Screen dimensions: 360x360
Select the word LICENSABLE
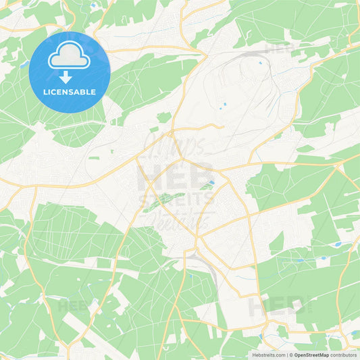pyautogui.click(x=70, y=92)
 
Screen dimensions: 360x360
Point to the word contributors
pyautogui.click(x=344, y=355)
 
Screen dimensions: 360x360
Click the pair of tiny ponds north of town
pyautogui.click(x=224, y=105)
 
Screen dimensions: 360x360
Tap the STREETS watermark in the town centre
pyautogui.click(x=180, y=200)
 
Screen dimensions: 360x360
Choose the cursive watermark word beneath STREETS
pyautogui.click(x=180, y=220)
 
